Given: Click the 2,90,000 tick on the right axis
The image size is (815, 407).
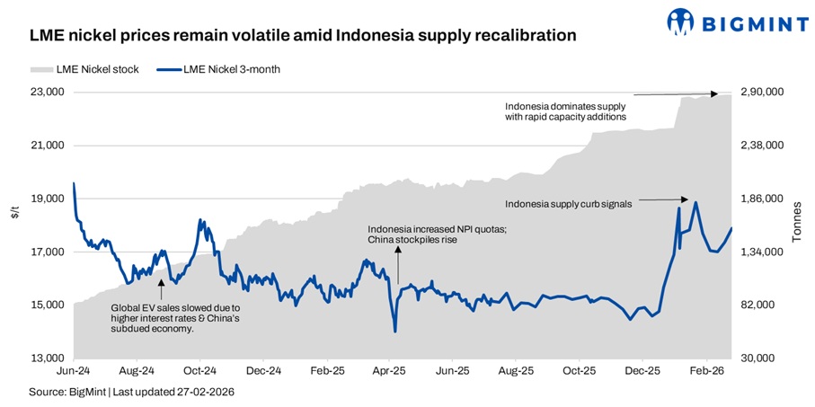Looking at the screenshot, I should pos(761,93).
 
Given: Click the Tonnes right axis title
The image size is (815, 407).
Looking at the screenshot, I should pos(796,225).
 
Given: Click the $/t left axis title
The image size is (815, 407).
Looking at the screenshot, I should pos(14,212).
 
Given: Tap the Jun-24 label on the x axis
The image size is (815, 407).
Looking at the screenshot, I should pos(72,370).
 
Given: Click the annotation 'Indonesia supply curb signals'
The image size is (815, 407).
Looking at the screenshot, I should pos(569,204).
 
